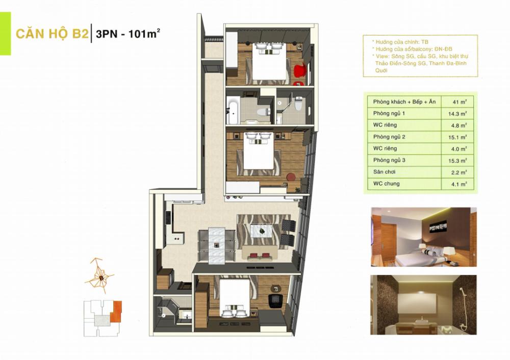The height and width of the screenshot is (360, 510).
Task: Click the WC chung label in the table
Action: [x=382, y=184]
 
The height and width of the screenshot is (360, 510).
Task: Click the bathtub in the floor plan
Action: [x=233, y=112]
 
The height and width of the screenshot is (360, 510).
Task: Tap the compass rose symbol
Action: [x=101, y=276]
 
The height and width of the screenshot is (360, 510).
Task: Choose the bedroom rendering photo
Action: [x=423, y=237]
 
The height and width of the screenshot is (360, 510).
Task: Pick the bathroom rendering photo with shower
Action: [x=423, y=305]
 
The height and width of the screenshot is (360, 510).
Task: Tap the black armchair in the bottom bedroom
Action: [x=276, y=299]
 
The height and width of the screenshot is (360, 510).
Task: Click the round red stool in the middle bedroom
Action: [x=291, y=177]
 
